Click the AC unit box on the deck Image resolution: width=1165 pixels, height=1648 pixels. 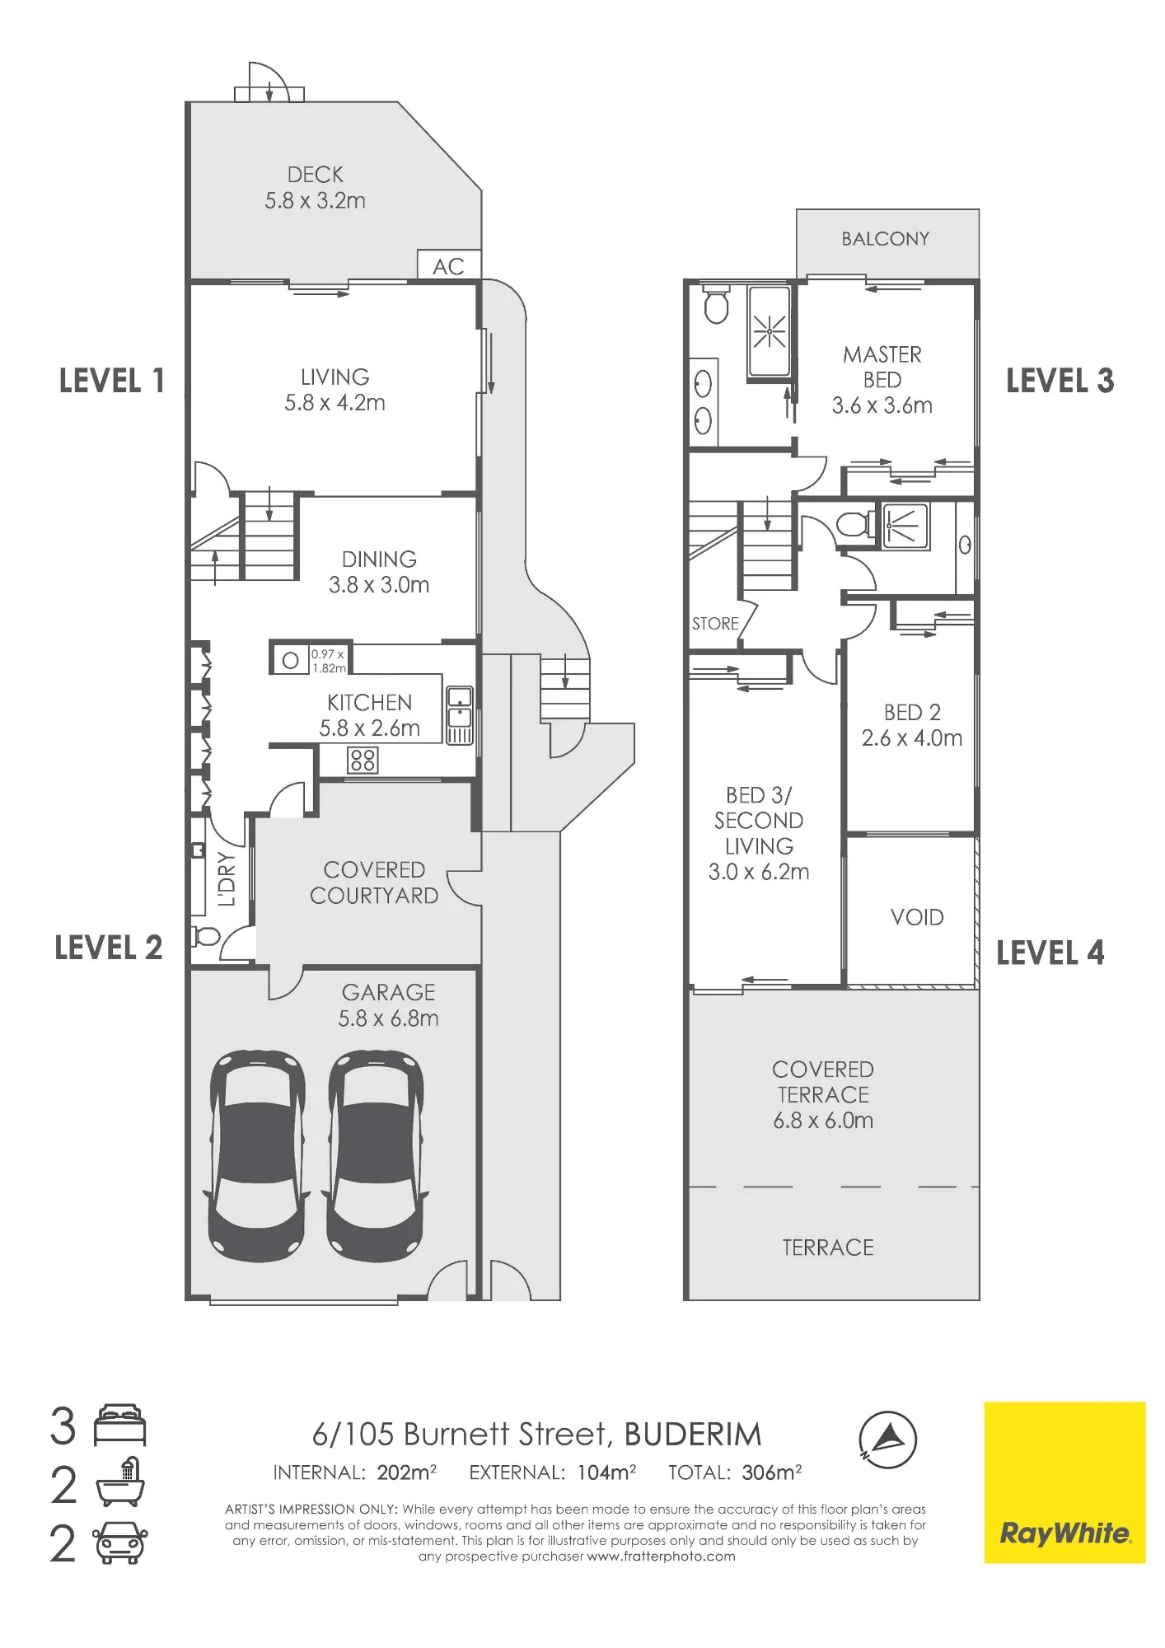click(x=449, y=265)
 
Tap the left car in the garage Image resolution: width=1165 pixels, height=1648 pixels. click(x=258, y=1156)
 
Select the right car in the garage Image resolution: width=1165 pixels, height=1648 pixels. click(x=377, y=1156)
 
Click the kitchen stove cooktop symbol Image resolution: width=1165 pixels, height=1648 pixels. click(x=363, y=759)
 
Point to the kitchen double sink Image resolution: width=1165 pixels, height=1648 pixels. click(x=460, y=715)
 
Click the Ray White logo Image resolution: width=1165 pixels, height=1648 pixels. click(x=1064, y=1482)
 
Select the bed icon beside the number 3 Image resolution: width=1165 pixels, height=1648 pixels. click(x=120, y=1426)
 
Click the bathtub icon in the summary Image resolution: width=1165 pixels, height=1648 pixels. click(x=120, y=1483)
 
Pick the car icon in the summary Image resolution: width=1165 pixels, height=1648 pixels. click(x=120, y=1543)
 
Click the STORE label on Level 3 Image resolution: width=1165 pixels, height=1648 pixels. click(x=715, y=624)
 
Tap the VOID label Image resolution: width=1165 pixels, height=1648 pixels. click(x=917, y=917)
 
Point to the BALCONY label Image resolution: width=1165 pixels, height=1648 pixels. click(x=886, y=239)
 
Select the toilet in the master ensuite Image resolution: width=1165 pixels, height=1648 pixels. click(x=716, y=304)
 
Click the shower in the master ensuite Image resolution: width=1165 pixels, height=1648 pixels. click(x=769, y=331)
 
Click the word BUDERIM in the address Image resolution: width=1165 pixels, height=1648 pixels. click(x=693, y=1435)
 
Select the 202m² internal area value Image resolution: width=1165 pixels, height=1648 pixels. click(x=407, y=1472)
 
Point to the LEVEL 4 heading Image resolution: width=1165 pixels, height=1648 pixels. click(x=1050, y=953)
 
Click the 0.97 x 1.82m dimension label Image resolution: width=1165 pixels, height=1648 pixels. click(x=328, y=661)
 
